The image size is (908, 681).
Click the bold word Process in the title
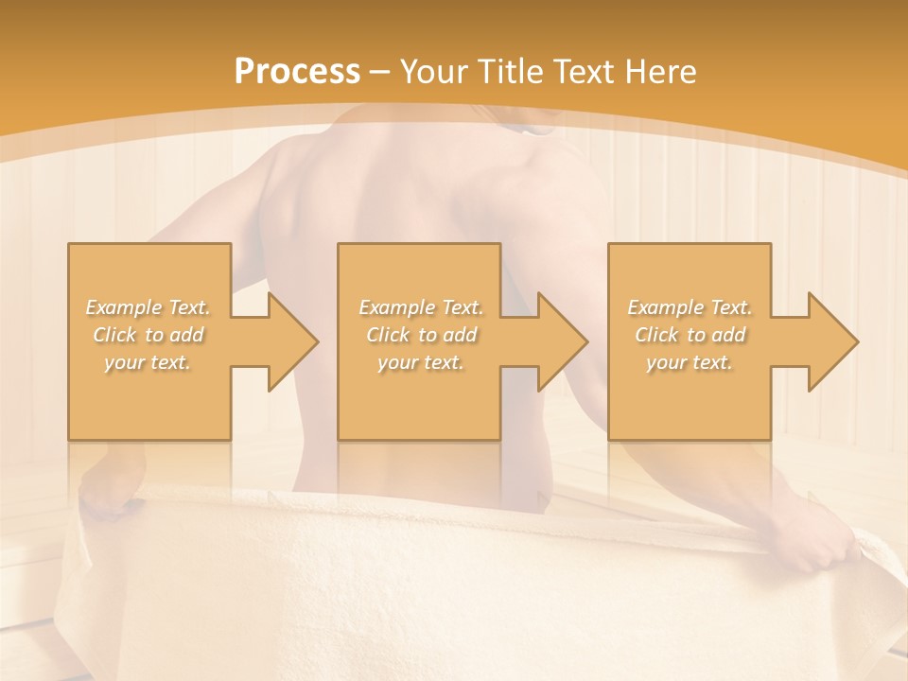click(x=297, y=72)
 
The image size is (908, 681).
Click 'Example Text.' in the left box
click(x=148, y=307)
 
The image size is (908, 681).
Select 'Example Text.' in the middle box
click(x=421, y=307)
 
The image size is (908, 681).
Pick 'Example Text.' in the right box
click(x=690, y=307)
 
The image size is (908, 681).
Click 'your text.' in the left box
click(x=148, y=362)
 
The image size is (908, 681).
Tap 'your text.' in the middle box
click(x=421, y=362)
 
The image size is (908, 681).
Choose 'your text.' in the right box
click(x=690, y=362)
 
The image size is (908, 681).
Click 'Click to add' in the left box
click(x=148, y=335)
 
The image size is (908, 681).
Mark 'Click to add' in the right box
click(x=690, y=335)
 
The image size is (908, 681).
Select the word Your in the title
click(x=433, y=72)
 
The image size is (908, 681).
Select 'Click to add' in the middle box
click(x=421, y=335)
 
